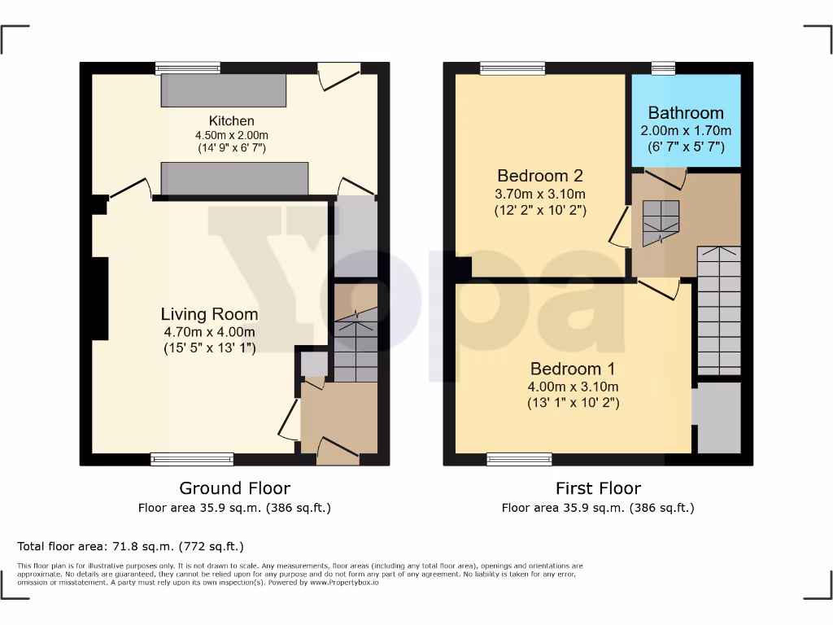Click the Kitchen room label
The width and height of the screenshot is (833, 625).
[231, 121]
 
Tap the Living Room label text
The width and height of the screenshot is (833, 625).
[209, 314]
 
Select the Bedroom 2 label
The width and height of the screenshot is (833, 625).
[540, 176]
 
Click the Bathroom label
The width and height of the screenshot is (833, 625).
[686, 113]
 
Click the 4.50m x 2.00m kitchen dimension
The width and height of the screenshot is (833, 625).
[231, 135]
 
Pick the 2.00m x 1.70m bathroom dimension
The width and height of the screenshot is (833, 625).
[686, 130]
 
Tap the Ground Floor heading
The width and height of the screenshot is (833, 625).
[234, 488]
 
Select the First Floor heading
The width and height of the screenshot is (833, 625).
[598, 488]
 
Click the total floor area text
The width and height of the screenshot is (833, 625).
[130, 546]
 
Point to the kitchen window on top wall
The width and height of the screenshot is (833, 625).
[188, 68]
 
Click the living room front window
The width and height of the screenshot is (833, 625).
[192, 460]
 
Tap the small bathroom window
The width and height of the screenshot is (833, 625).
[664, 68]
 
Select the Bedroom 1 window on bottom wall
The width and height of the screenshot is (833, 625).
[518, 460]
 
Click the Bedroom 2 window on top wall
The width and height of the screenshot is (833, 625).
[512, 68]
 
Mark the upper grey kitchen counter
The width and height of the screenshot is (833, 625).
[224, 91]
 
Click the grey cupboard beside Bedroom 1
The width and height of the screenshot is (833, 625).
[716, 417]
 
